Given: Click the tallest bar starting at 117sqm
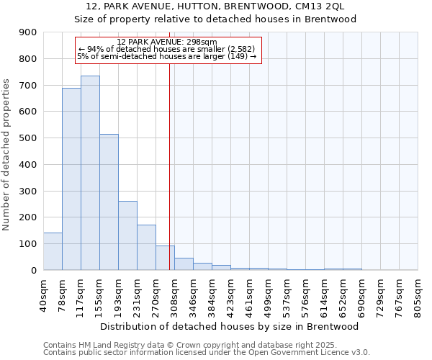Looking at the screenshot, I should pyautogui.click(x=90, y=173).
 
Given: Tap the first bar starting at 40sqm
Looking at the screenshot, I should pyautogui.click(x=53, y=251).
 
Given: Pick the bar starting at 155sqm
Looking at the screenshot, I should pyautogui.click(x=109, y=202).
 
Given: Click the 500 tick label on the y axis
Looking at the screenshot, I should pyautogui.click(x=28, y=138).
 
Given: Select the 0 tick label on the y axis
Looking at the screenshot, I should pyautogui.click(x=34, y=271).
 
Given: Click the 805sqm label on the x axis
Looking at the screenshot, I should pyautogui.click(x=418, y=293).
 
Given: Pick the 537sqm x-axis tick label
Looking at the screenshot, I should pyautogui.click(x=287, y=293).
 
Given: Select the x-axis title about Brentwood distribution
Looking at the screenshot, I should pyautogui.click(x=230, y=326).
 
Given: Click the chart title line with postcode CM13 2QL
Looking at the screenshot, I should pyautogui.click(x=216, y=6).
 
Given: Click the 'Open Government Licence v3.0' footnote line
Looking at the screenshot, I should pyautogui.click(x=207, y=353).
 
